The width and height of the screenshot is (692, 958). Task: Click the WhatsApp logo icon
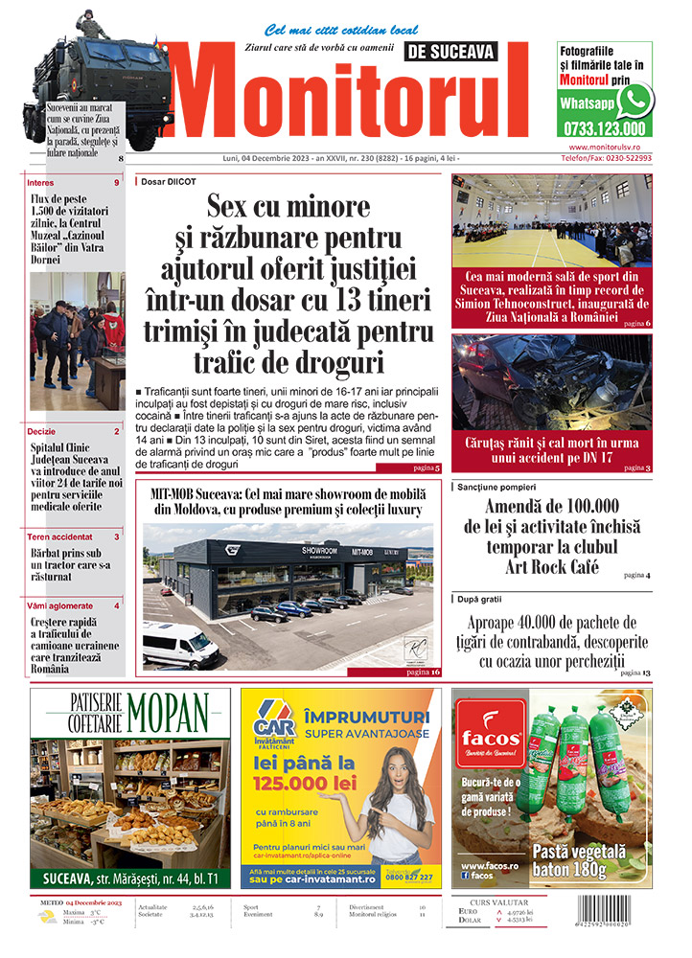point(634,100)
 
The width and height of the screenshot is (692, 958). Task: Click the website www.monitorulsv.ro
point(610,147)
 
